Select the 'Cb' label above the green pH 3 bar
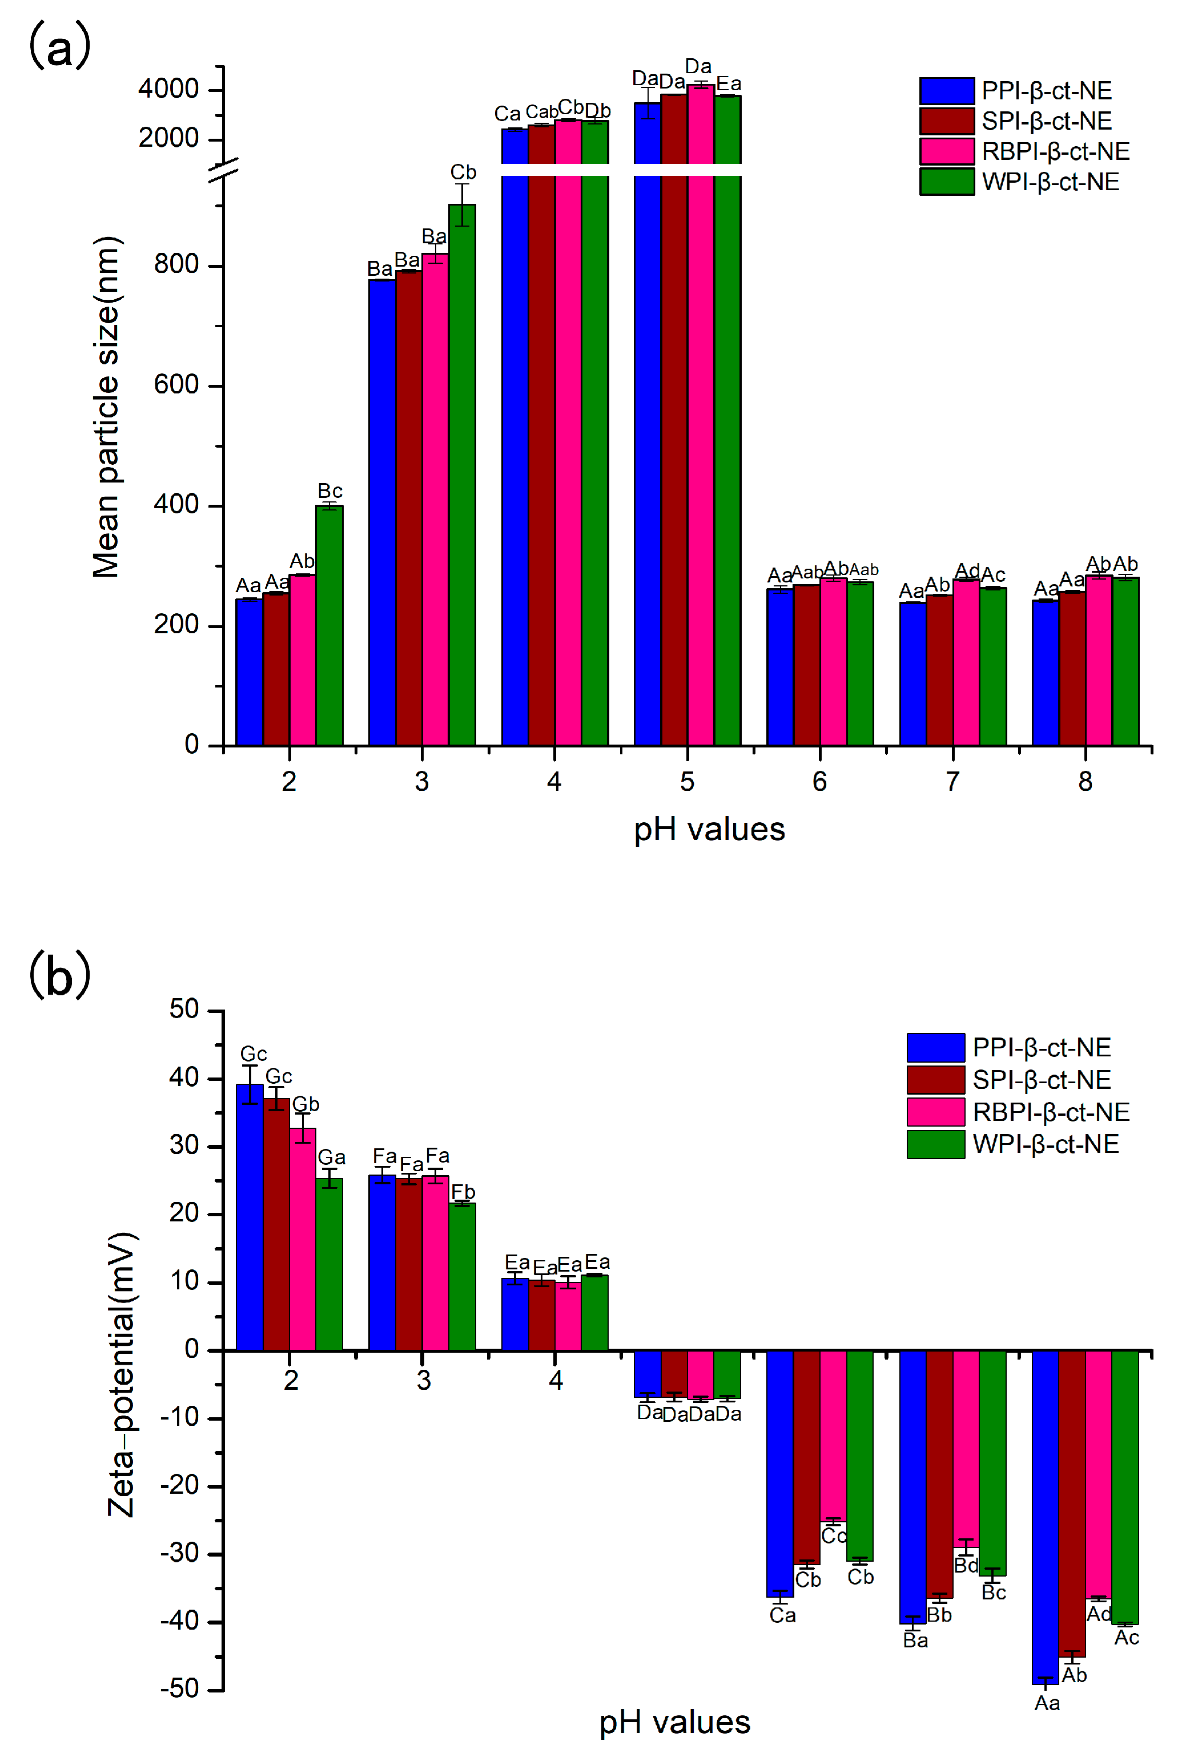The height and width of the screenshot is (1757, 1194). tap(463, 172)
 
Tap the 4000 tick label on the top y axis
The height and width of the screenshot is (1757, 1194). tap(168, 89)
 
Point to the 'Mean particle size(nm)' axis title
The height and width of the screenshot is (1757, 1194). tap(106, 408)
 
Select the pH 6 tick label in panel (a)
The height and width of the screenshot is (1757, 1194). tap(819, 781)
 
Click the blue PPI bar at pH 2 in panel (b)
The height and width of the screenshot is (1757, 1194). tap(250, 1217)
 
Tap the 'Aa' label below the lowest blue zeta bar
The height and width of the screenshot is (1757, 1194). tap(1047, 1703)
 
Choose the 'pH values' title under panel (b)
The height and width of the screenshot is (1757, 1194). tap(674, 1722)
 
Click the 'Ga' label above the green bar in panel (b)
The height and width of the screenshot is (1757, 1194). tap(331, 1157)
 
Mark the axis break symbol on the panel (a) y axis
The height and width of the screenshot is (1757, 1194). tap(224, 170)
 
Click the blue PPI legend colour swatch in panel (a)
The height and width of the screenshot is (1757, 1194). tap(946, 91)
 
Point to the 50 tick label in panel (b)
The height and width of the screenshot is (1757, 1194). tap(184, 1010)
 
